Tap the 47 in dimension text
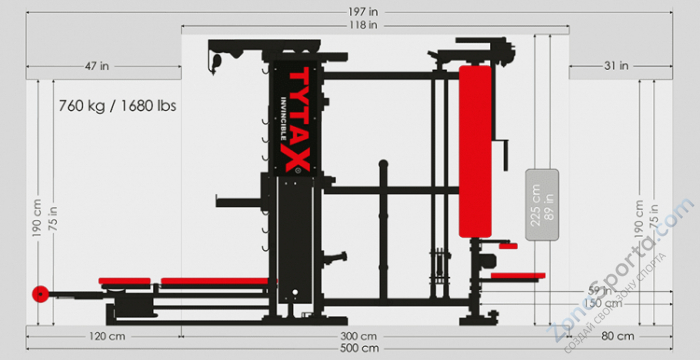point(96,66)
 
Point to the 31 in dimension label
point(617,66)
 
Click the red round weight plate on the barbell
point(40,294)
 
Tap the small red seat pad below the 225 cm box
point(519,275)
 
